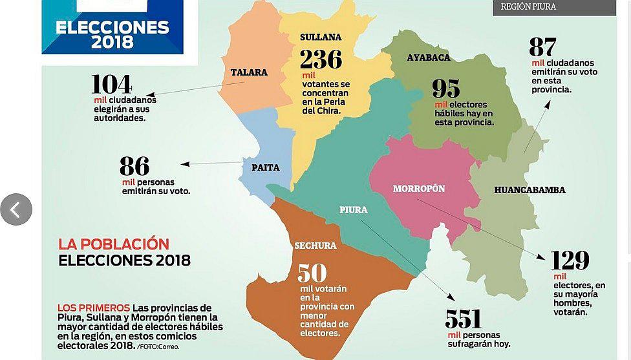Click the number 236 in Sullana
coord(321,59)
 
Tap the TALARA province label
coord(249,72)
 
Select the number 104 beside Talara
coord(111,85)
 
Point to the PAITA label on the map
coord(266,168)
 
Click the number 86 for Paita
coord(134,167)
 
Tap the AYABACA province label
coord(429,58)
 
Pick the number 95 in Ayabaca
coord(446,89)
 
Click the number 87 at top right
coord(542,47)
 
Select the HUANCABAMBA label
coord(529,190)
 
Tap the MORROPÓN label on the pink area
coord(419,189)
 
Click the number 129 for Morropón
coord(570,260)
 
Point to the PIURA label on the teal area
coord(354,210)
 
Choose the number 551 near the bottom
coord(464,319)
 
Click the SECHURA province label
coord(315,246)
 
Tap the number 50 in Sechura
coord(312,273)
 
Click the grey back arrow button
coord(16,209)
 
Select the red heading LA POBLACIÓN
coord(114,244)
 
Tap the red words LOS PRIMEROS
coord(94,308)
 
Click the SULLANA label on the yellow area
coord(321,37)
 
